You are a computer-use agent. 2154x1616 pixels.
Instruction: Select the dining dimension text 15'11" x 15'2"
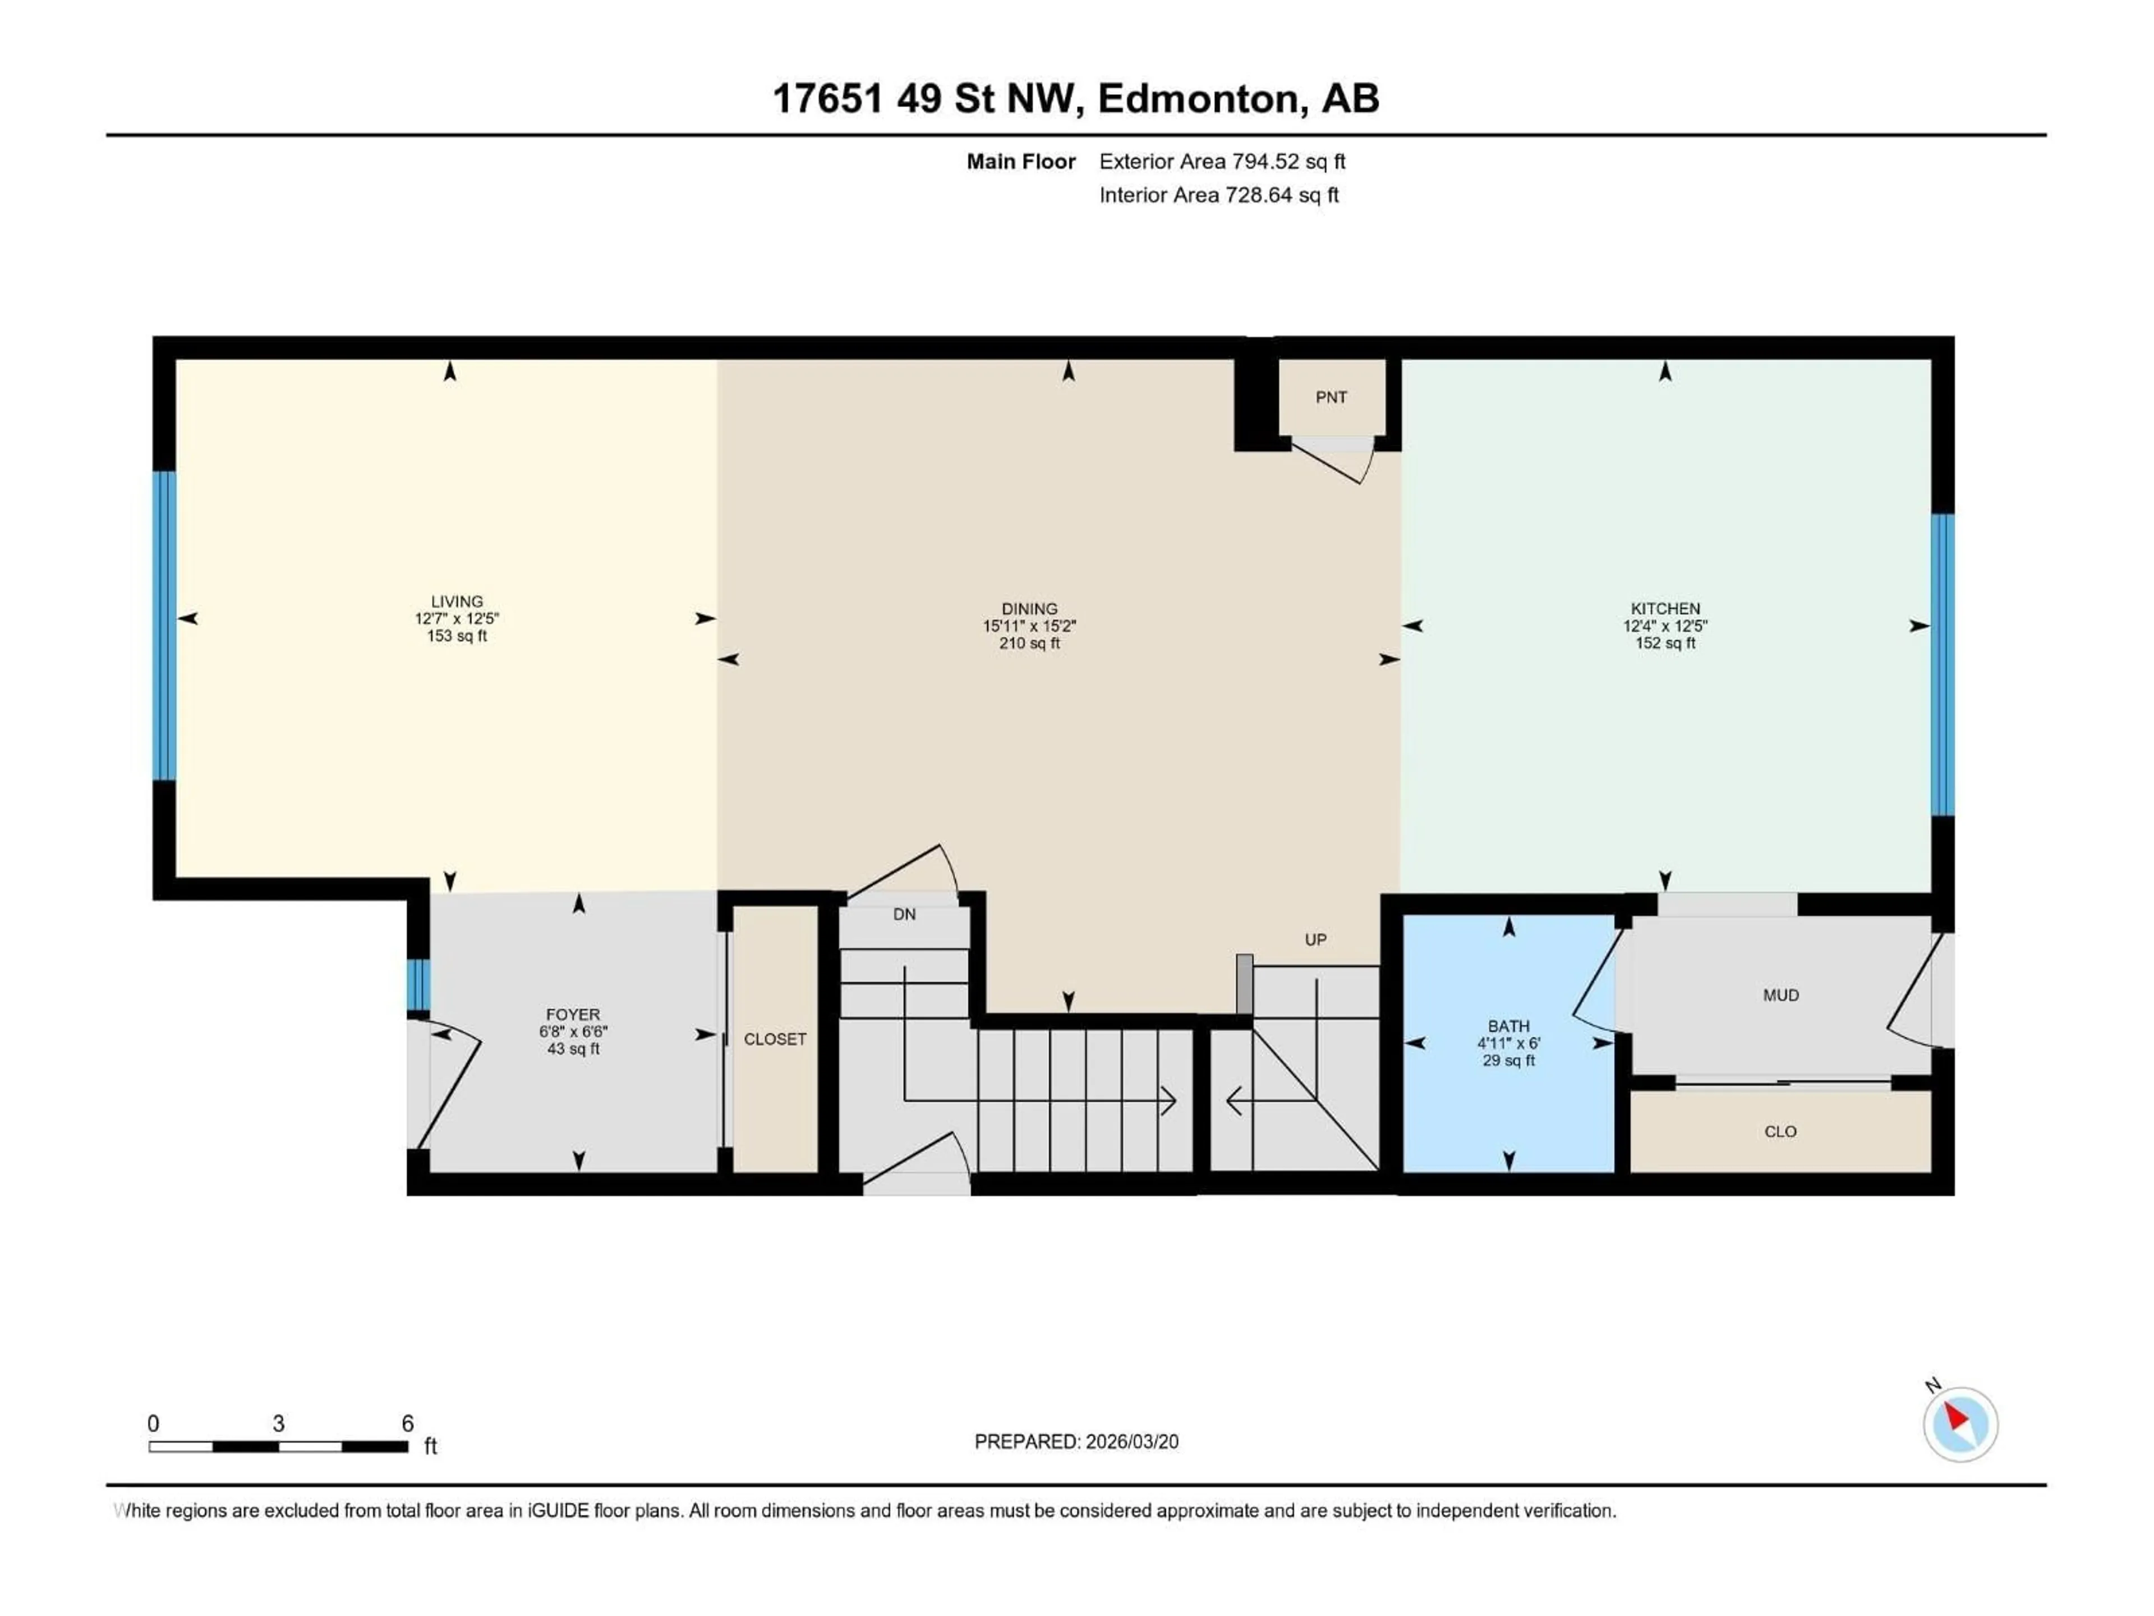pyautogui.click(x=1029, y=626)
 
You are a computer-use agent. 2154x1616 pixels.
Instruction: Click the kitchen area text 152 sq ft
pyautogui.click(x=1665, y=644)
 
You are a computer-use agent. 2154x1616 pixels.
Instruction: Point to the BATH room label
pyautogui.click(x=1508, y=1026)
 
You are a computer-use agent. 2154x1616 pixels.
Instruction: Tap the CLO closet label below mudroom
pyautogui.click(x=1780, y=1131)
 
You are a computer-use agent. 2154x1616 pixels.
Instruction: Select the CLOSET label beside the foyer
pyautogui.click(x=775, y=1039)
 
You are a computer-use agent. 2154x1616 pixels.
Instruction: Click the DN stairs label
pyautogui.click(x=905, y=913)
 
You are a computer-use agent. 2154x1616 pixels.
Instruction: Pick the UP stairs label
pyautogui.click(x=1315, y=939)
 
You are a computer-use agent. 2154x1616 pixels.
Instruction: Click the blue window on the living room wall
pyautogui.click(x=164, y=626)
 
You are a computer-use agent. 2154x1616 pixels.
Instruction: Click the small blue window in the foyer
pyautogui.click(x=418, y=985)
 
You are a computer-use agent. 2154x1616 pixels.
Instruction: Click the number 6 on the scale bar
pyautogui.click(x=408, y=1423)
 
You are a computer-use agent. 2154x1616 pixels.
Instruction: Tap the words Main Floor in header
pyautogui.click(x=1020, y=162)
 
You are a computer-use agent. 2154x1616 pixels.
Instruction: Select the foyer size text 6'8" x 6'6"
pyautogui.click(x=573, y=1031)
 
